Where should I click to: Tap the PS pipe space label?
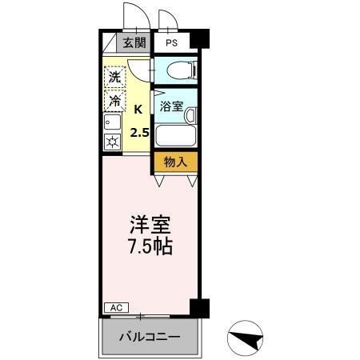(172, 43)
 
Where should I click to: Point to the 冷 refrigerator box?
(115, 102)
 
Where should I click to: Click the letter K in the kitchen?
(138, 110)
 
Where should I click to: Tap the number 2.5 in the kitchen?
(139, 132)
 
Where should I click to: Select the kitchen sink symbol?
(110, 124)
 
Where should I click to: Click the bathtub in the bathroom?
(176, 134)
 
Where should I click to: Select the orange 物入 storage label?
(175, 162)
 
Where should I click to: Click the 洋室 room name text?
(150, 225)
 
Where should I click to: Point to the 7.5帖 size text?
(150, 246)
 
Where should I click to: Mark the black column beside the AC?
(199, 307)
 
